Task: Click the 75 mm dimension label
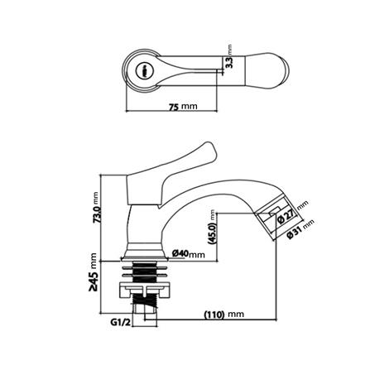(183, 107)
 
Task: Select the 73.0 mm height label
(97, 213)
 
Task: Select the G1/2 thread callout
(120, 321)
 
